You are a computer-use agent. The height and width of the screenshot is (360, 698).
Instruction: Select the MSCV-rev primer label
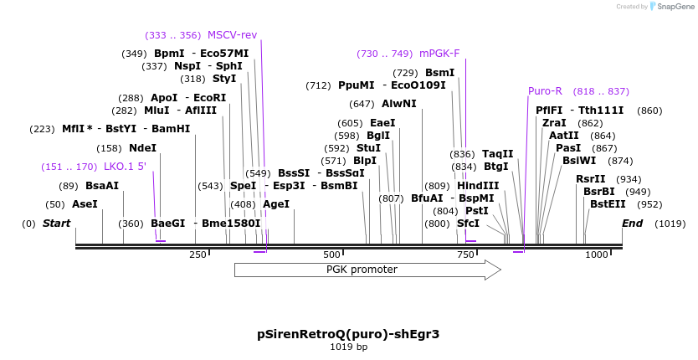232,35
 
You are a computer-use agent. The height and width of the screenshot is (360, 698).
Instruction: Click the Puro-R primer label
545,91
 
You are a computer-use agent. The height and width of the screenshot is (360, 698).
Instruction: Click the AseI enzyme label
85,204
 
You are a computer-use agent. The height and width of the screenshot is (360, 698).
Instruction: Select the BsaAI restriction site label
102,186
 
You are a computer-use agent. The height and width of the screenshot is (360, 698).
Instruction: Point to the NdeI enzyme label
142,148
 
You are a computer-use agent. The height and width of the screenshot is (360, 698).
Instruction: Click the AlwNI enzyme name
398,104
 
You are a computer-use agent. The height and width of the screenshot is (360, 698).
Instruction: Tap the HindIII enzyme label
478,186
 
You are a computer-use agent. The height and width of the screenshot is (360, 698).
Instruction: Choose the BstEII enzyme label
608,204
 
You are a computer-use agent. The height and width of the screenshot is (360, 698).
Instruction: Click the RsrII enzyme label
591,179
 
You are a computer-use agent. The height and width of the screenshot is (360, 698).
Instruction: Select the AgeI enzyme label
275,204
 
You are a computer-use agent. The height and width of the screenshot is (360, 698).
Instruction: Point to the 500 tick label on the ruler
332,255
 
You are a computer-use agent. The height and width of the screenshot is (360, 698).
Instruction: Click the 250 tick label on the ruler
198,255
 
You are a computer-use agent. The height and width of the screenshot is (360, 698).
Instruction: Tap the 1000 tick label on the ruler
597,255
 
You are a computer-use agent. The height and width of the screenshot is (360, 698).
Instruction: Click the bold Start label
56,224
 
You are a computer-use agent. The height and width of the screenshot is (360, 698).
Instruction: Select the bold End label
632,224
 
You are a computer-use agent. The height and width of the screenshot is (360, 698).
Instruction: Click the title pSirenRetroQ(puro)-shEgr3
348,333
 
